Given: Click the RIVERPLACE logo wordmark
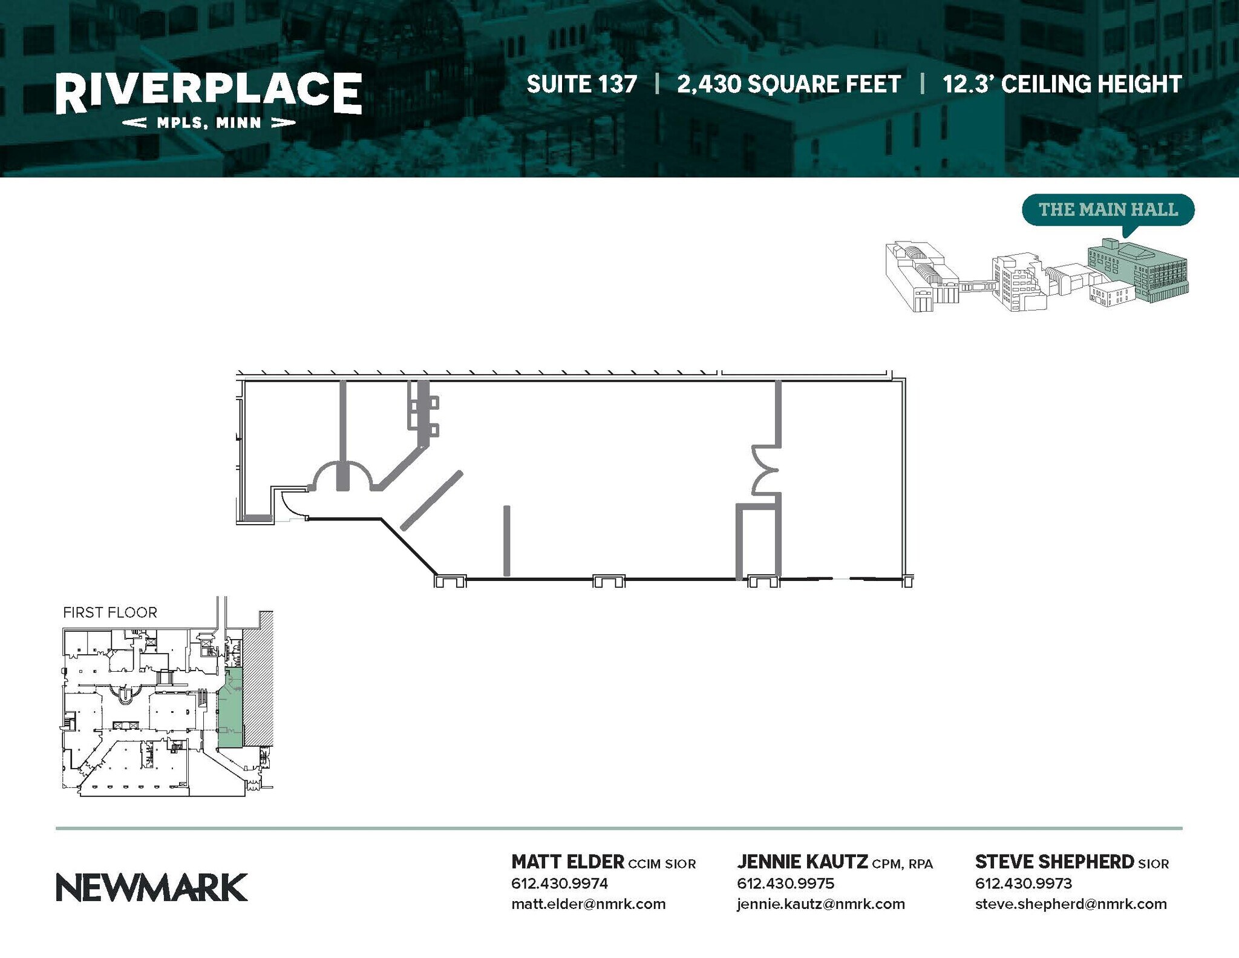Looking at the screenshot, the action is click(209, 93).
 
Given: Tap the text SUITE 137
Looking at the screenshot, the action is click(581, 84).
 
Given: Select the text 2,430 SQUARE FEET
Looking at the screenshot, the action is click(789, 85).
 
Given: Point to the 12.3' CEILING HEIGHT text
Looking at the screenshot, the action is click(1062, 84).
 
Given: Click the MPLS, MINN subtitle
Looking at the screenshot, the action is click(209, 123).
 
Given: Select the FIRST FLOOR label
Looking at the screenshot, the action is click(110, 612).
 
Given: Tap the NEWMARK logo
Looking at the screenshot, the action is click(152, 887).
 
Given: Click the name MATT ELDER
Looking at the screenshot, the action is click(567, 861).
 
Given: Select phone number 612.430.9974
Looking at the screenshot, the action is click(560, 883).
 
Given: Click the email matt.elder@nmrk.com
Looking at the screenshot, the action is click(588, 904).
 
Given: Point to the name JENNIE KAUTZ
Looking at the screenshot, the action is click(802, 861).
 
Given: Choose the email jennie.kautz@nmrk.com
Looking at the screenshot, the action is click(821, 904).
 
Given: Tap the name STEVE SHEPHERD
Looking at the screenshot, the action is click(1054, 861).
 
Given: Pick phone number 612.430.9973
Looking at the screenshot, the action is click(1024, 883).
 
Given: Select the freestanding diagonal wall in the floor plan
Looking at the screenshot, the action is click(432, 500).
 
